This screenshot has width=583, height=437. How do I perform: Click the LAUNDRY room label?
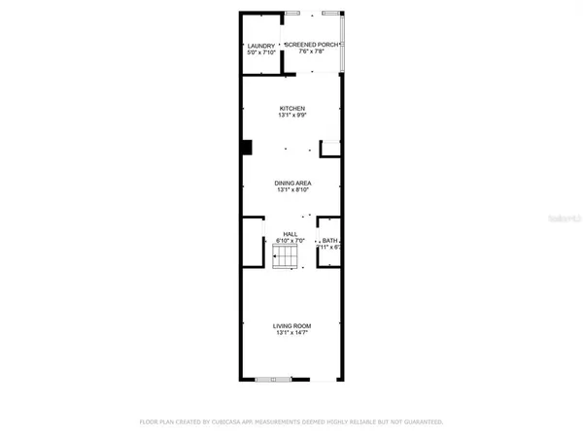tap(261, 46)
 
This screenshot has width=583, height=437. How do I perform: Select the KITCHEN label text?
tap(292, 107)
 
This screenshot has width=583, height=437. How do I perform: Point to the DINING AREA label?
tap(292, 183)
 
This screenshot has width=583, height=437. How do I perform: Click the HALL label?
tap(290, 234)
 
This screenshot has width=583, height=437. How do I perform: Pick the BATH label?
tap(330, 241)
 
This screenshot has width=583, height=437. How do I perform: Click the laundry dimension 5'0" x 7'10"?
tap(261, 53)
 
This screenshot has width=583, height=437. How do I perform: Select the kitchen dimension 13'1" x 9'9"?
tap(292, 115)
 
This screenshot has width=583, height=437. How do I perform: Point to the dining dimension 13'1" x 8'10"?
tap(292, 190)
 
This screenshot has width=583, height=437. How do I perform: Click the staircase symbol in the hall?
tap(286, 257)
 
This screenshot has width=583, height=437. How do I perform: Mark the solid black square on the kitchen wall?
tap(247, 147)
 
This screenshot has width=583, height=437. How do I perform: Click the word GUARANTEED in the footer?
tap(420, 421)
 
